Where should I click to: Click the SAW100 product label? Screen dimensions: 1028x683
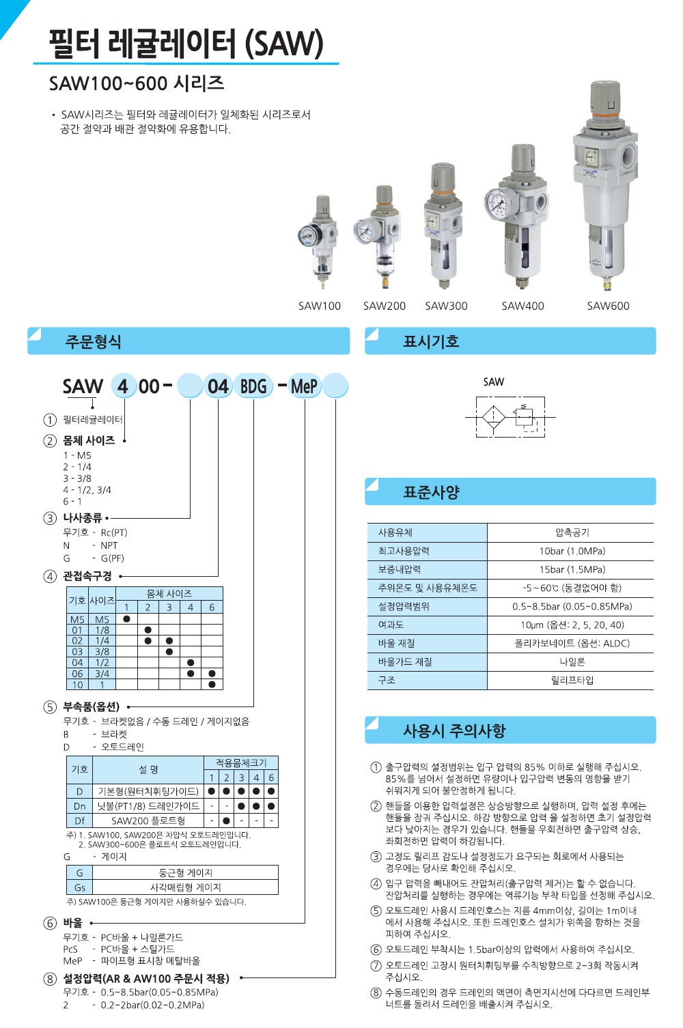tap(319, 306)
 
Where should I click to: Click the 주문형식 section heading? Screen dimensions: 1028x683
tap(94, 341)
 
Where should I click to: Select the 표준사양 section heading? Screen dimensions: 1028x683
tap(431, 492)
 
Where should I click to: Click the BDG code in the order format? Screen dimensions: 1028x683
tap(253, 387)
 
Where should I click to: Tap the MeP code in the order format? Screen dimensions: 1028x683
tap(304, 387)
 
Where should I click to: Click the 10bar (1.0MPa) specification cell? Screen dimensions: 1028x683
tap(572, 551)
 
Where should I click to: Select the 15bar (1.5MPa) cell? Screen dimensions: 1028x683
tap(572, 569)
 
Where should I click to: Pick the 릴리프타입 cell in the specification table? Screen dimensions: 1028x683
tap(572, 680)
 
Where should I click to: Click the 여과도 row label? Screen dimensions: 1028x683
tap(391, 625)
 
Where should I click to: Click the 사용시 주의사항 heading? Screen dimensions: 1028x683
tap(454, 731)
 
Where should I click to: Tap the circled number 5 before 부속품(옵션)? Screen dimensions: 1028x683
tap(50, 707)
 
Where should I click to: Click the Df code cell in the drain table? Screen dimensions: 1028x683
tap(80, 820)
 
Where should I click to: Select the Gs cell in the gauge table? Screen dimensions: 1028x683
tap(80, 887)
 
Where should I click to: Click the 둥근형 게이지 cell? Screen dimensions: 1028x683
tap(185, 873)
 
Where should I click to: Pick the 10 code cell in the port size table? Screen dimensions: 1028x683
tap(77, 685)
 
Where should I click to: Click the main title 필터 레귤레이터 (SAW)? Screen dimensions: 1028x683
tap(186, 44)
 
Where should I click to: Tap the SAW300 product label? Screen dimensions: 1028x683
tap(446, 306)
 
